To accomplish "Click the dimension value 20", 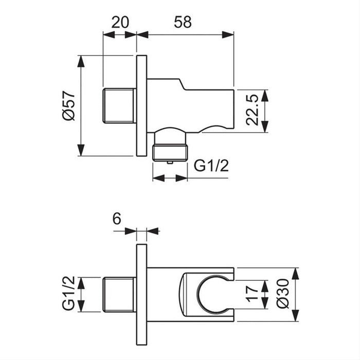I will pos(120,23).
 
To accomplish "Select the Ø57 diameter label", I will pos(69,105).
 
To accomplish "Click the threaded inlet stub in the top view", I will pos(119,106).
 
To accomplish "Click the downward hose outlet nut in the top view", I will pos(170,151).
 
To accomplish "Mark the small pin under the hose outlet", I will pos(170,163).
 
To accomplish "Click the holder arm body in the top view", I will pos(206,105).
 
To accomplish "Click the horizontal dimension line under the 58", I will pos(185,35).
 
